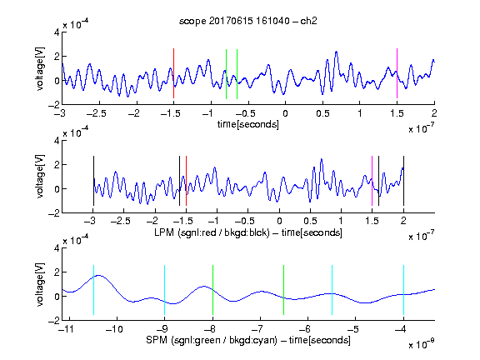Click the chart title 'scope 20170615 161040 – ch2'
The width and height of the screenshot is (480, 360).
[248, 21]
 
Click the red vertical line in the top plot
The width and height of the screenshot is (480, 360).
[173, 73]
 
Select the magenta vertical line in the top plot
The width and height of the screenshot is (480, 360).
[397, 73]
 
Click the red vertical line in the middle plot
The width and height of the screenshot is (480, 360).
[186, 181]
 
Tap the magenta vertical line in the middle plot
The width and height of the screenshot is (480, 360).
[372, 181]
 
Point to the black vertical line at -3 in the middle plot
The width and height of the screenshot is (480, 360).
[93, 181]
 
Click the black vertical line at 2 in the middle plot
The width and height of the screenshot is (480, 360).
[403, 181]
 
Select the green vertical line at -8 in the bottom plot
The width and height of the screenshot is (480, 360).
[212, 290]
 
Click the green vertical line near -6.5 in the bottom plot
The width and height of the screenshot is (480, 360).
[284, 290]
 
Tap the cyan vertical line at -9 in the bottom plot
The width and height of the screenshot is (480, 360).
[165, 290]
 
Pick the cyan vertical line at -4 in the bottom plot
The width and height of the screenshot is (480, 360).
[403, 290]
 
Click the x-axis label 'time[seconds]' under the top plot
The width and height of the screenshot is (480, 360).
[248, 124]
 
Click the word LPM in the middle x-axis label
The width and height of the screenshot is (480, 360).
[164, 232]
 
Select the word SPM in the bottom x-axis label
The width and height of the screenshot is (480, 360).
[156, 340]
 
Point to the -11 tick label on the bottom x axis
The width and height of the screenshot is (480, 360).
[67, 329]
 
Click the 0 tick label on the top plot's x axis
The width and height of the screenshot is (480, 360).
[285, 113]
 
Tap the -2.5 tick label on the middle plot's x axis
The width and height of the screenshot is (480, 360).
[120, 221]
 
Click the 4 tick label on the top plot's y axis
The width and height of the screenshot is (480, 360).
[57, 32]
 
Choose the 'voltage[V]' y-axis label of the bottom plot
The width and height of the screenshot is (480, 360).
[40, 284]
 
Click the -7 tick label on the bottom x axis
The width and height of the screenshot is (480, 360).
[257, 329]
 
